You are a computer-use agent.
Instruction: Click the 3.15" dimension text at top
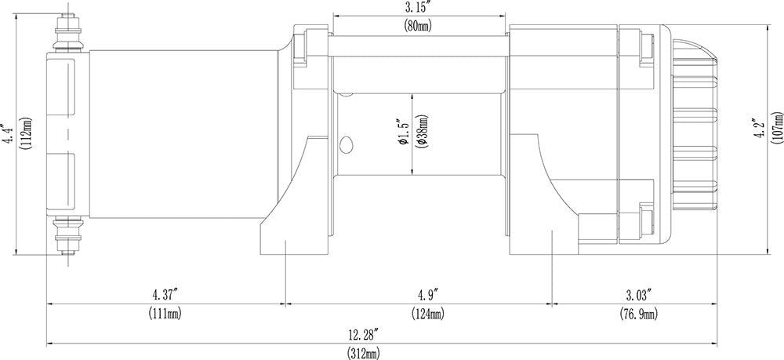419,9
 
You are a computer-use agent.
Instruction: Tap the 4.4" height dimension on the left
9,134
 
